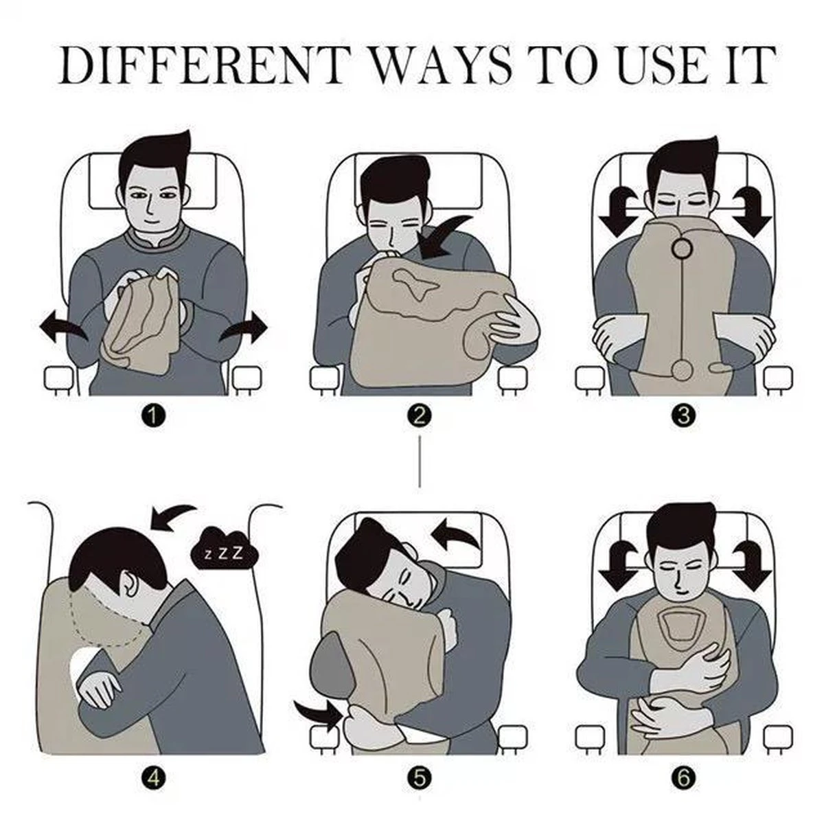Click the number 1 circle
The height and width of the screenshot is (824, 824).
point(154,415)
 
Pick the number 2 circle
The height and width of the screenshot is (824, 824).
point(420,415)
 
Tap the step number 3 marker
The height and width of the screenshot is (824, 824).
point(684,415)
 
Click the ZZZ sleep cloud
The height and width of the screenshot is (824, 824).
point(224,553)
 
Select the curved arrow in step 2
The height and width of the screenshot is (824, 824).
point(443,240)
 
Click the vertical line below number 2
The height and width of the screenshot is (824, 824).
point(420,462)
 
